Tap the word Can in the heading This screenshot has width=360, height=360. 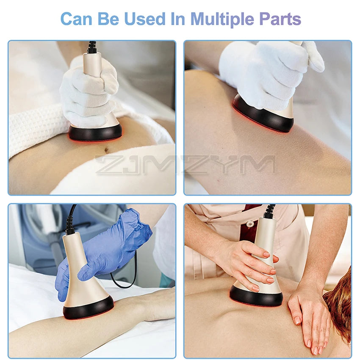[x=77, y=19]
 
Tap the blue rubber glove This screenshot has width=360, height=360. [x=106, y=250]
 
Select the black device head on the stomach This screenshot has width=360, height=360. [x=95, y=133]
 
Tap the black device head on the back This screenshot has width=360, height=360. [x=256, y=298]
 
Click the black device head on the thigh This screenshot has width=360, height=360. [x=263, y=116]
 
